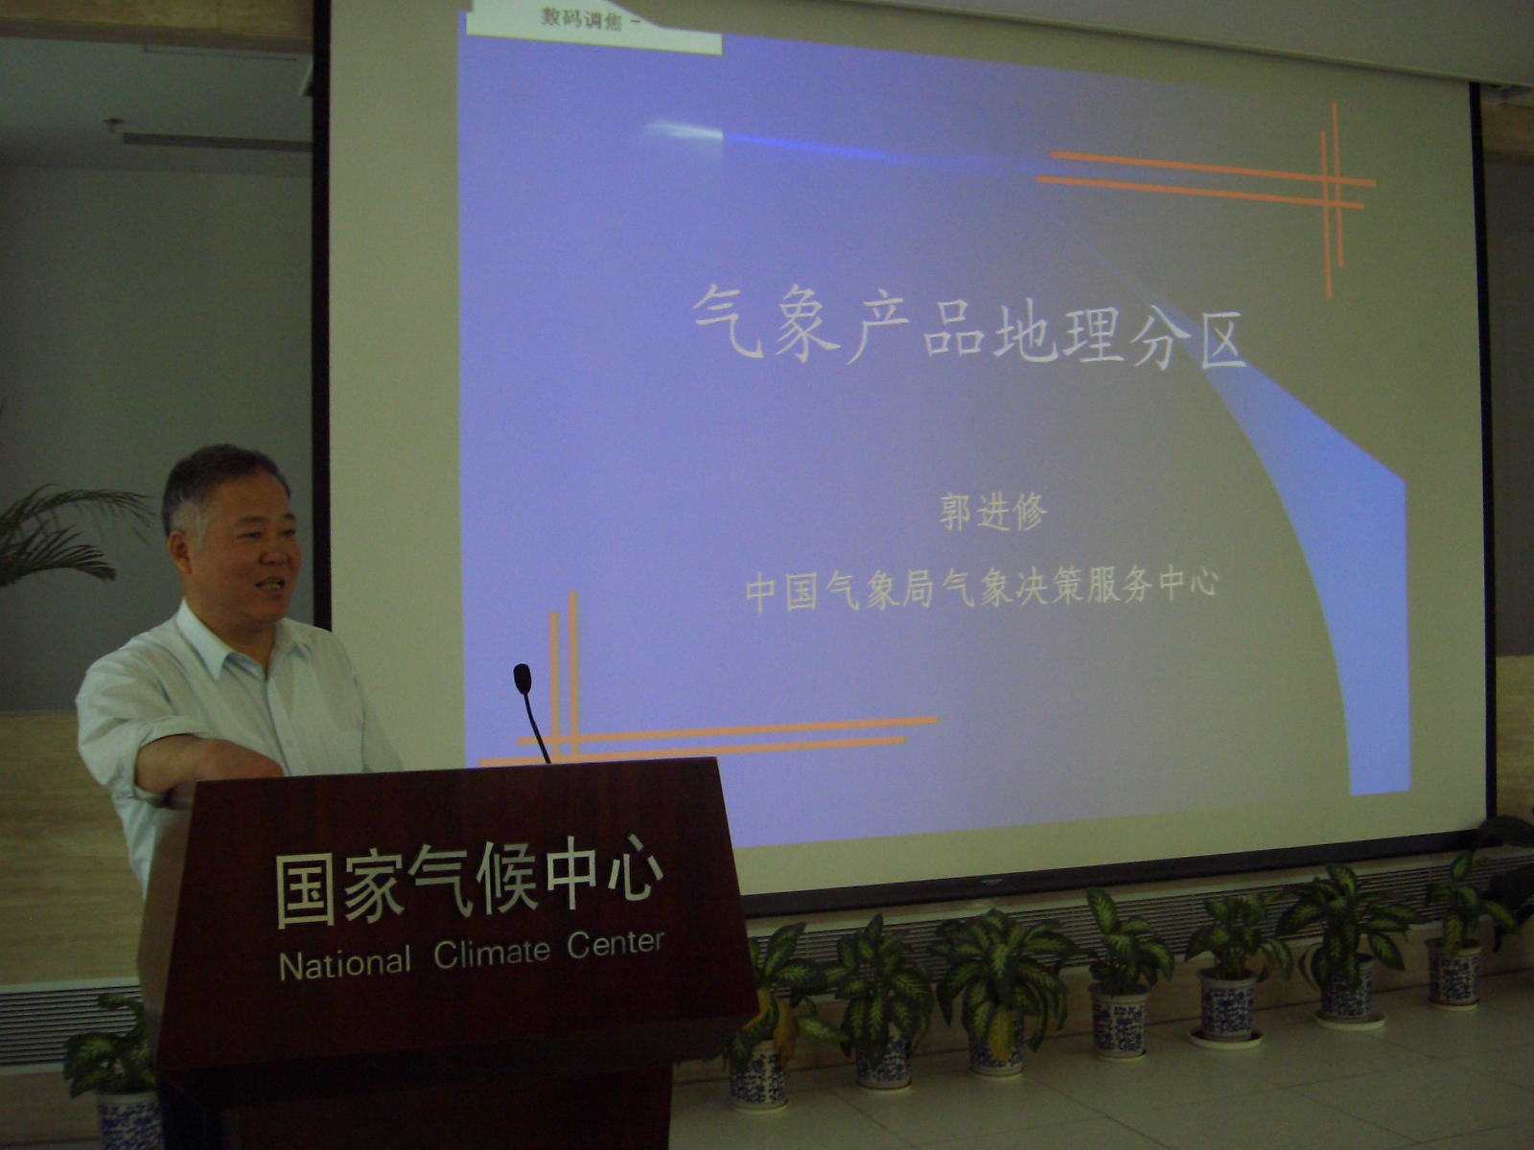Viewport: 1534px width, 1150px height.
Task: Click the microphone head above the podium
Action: [x=523, y=678]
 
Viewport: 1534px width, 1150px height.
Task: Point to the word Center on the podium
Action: [x=615, y=944]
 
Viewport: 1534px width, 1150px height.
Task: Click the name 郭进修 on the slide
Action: [x=993, y=513]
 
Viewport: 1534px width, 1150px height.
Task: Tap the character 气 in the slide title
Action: [x=729, y=322]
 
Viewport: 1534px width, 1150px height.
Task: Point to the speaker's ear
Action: [x=181, y=549]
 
